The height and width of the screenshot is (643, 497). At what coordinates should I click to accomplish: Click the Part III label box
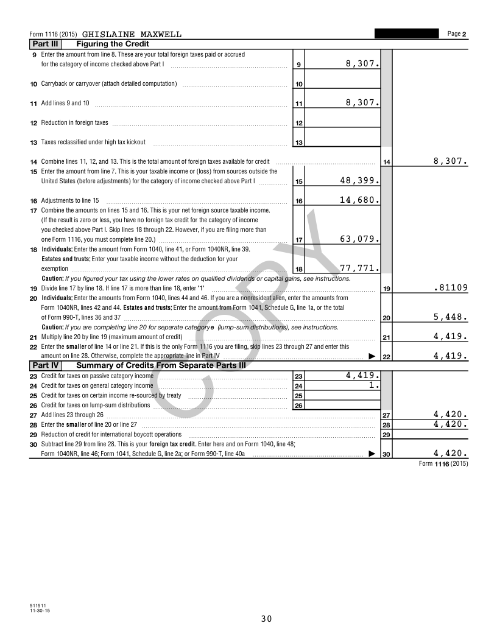(46, 44)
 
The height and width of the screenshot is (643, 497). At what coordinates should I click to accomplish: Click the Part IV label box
(46, 365)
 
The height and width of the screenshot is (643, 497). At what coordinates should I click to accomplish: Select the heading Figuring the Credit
(113, 44)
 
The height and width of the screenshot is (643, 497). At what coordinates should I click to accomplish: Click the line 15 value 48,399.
(359, 181)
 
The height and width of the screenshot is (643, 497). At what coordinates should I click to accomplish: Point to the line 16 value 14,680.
(359, 200)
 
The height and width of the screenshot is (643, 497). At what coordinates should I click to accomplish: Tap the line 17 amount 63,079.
(359, 239)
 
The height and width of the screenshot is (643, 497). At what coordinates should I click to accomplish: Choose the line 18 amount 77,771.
(359, 268)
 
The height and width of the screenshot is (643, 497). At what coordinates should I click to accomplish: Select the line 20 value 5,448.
(450, 317)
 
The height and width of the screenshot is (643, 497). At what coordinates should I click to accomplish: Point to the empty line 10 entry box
(342, 83)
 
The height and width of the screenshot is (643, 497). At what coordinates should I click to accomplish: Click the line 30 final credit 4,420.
(450, 453)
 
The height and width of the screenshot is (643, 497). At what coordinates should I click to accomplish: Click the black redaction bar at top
(406, 33)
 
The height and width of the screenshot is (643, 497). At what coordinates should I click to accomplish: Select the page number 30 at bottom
(266, 619)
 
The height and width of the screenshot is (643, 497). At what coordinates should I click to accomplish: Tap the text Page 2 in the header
(456, 34)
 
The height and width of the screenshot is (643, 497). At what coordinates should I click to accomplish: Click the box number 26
(298, 406)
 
